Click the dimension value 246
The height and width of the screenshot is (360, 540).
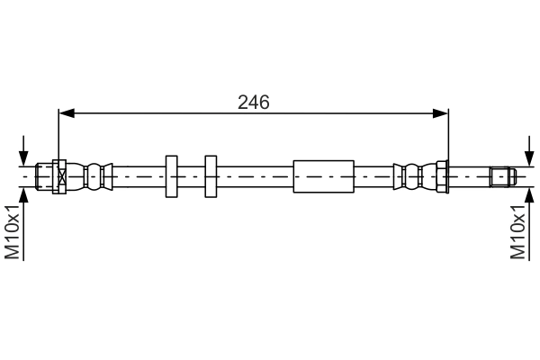[x=253, y=102]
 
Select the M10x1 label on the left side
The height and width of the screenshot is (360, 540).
[x=13, y=231]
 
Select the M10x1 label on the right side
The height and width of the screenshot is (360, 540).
[x=517, y=231]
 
